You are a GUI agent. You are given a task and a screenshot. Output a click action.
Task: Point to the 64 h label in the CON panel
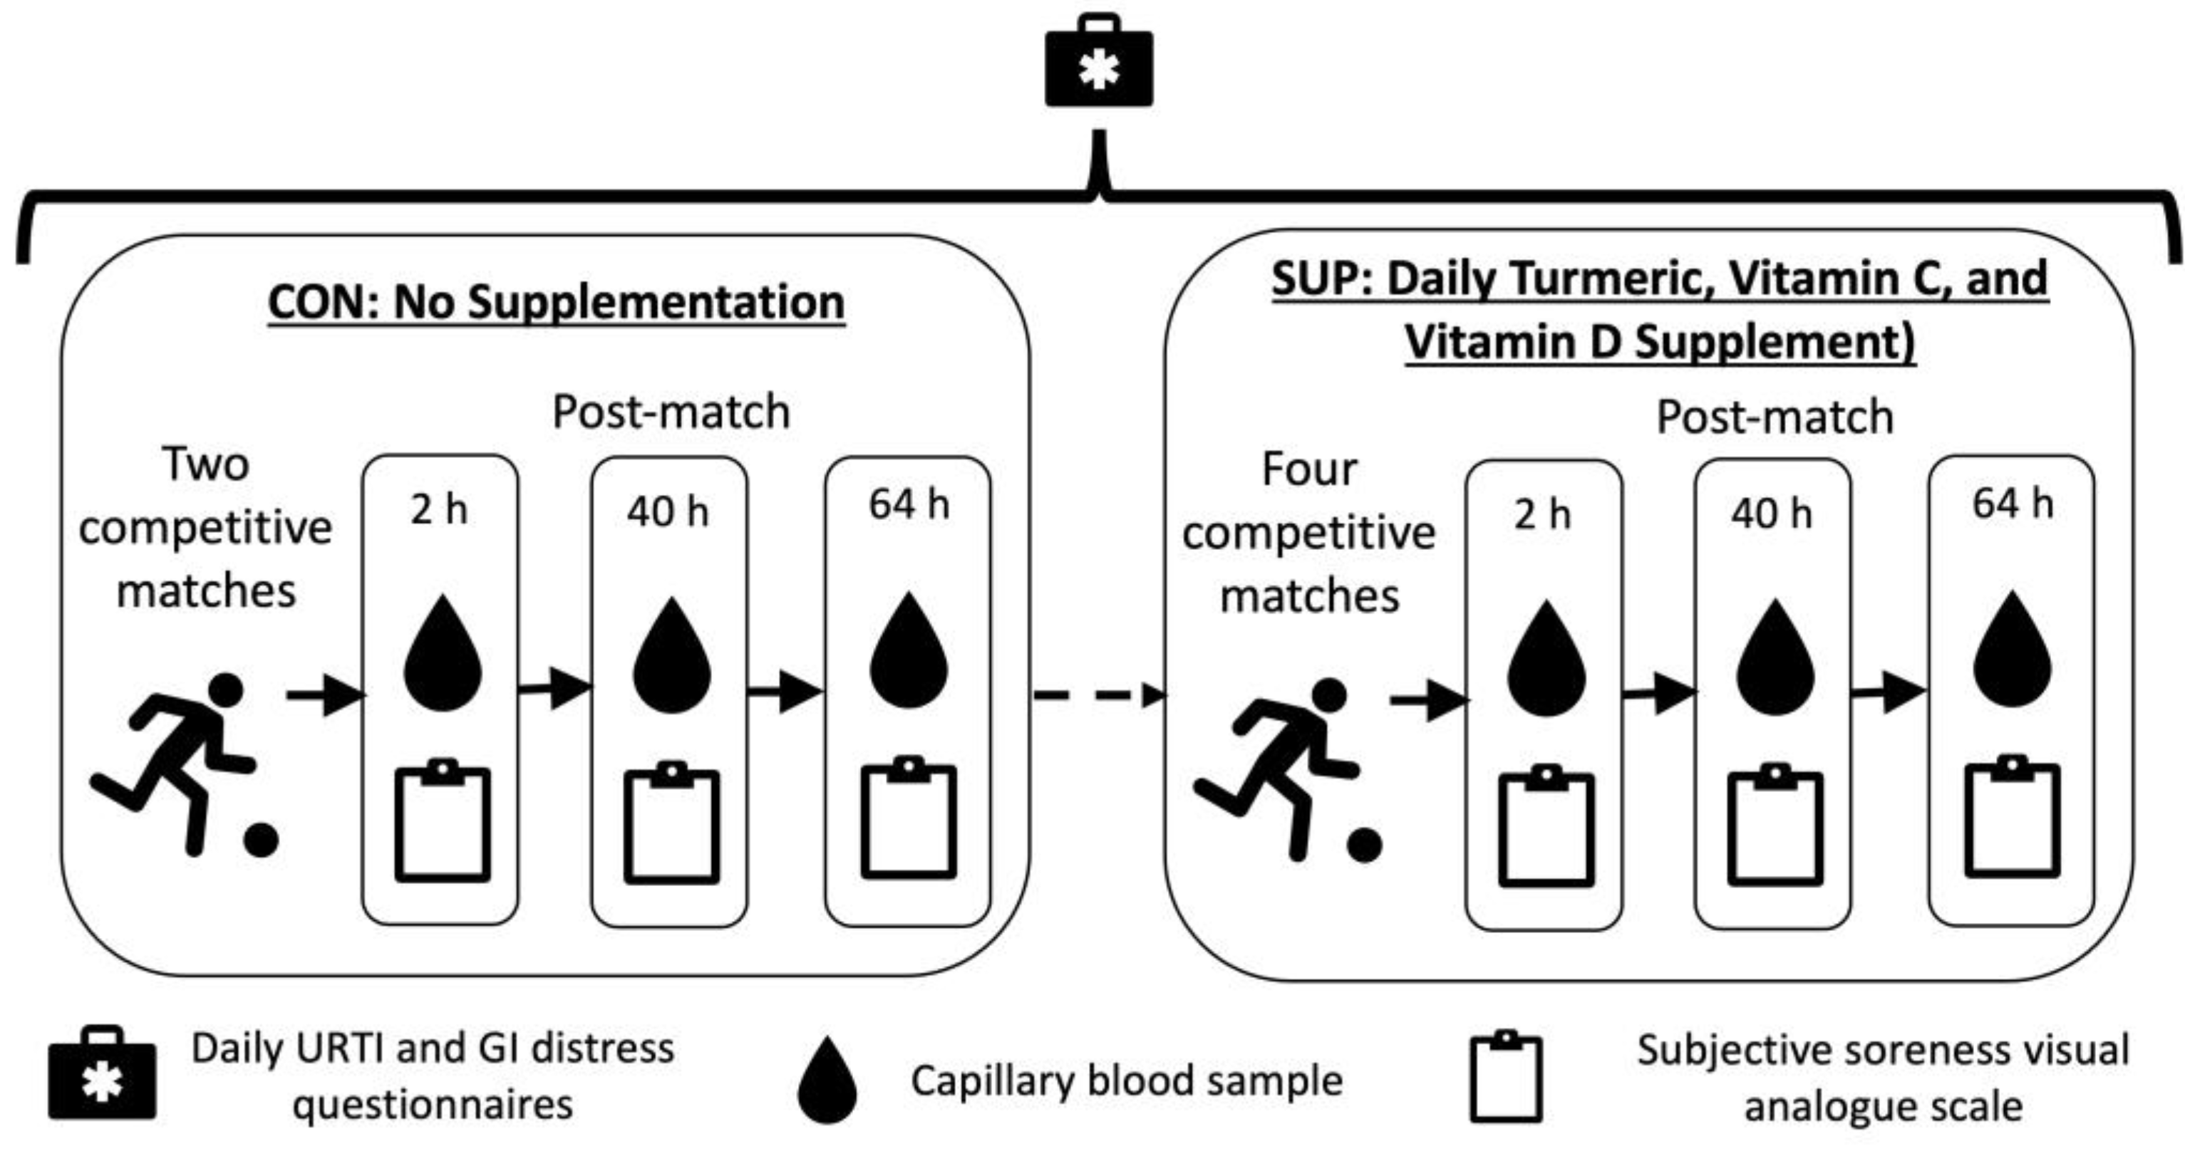tap(909, 504)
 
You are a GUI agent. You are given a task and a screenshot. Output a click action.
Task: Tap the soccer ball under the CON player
tap(261, 840)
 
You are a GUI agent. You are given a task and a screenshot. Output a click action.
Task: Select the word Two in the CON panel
tap(205, 465)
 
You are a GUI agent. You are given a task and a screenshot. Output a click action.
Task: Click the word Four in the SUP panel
tap(1309, 469)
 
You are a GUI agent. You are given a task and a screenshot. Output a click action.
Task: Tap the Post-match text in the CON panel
tap(671, 412)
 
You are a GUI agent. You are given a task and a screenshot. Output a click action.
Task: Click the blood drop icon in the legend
tap(827, 1080)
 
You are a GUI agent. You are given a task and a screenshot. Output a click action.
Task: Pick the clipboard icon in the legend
tap(1506, 1077)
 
